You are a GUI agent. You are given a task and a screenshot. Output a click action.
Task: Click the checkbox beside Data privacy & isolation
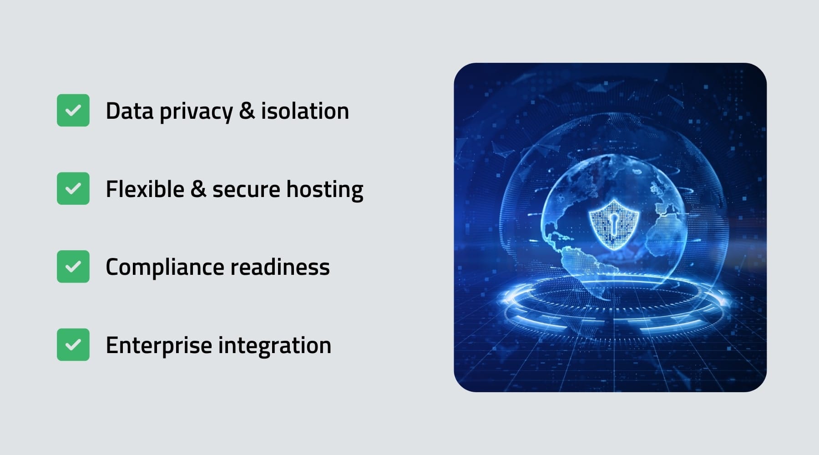pos(73,110)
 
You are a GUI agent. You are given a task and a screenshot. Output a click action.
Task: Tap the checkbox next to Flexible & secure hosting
pos(73,188)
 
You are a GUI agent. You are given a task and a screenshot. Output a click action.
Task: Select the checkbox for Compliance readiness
pos(73,267)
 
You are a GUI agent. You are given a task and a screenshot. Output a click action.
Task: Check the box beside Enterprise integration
pos(73,344)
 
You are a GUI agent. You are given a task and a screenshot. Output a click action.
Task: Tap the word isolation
pos(305,111)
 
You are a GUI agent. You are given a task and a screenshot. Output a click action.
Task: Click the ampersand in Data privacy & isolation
pos(247,111)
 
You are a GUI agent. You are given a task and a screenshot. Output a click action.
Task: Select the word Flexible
pos(145,189)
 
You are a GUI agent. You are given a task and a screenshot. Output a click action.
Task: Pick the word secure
pos(246,190)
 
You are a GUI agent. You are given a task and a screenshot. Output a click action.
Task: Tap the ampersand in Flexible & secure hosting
pos(198,189)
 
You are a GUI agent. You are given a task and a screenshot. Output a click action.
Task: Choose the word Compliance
pos(165,268)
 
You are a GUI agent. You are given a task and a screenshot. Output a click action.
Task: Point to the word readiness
pos(280,267)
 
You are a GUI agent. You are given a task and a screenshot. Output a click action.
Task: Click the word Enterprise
pos(159,346)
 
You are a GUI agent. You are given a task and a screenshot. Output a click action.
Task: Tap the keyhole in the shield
pos(614,224)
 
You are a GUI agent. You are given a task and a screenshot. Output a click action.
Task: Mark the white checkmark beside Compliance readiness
pos(73,267)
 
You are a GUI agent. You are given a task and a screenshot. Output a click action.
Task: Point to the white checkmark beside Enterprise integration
pos(73,344)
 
